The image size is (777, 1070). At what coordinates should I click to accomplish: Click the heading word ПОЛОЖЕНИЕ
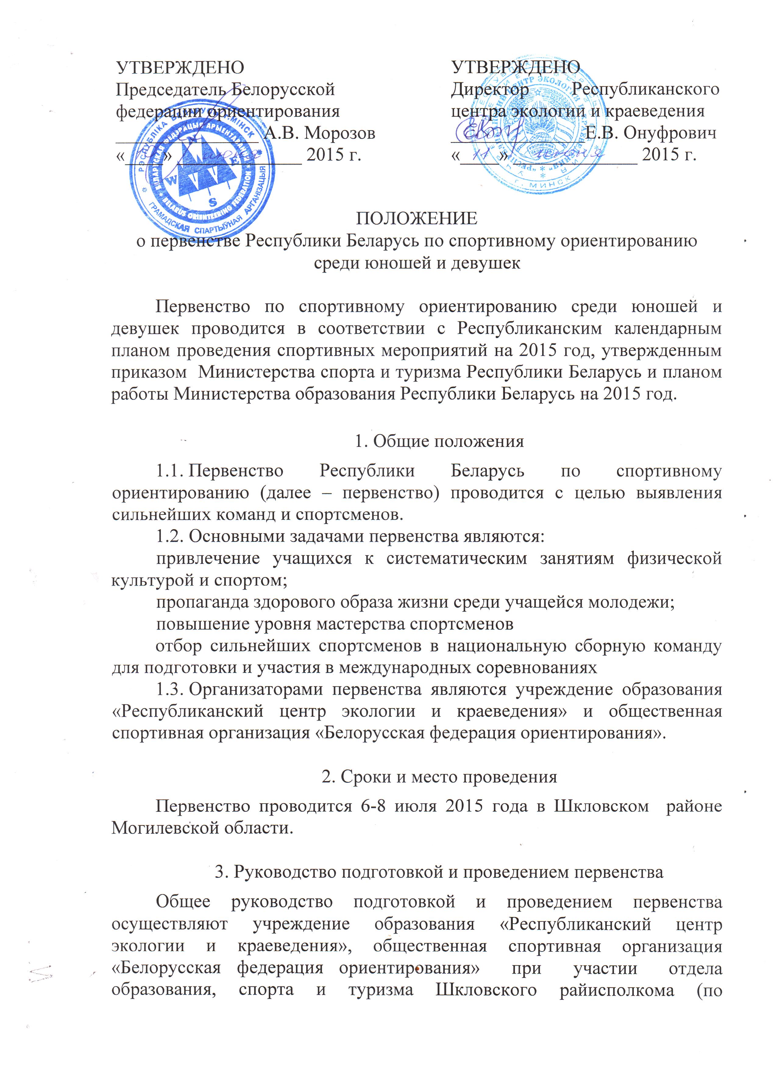416,219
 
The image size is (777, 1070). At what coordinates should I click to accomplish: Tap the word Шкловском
601,806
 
